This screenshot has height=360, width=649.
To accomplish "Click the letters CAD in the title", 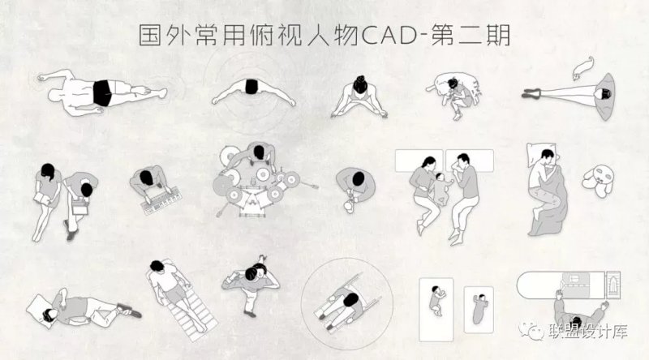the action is click(x=389, y=36).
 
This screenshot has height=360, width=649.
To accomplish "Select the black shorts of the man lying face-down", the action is click(x=102, y=93).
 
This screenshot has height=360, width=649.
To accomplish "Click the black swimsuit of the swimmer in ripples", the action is click(x=251, y=87).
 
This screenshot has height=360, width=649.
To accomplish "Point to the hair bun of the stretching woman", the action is click(x=360, y=79).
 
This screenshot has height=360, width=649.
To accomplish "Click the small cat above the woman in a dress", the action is click(x=583, y=67).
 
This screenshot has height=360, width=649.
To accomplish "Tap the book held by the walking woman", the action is click(x=42, y=199).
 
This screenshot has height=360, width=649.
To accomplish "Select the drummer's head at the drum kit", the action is click(x=259, y=152).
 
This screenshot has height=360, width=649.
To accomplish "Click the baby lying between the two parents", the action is click(x=441, y=188).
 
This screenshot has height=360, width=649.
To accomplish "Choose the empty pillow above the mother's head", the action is click(x=419, y=161).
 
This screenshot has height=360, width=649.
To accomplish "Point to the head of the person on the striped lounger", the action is click(x=156, y=266).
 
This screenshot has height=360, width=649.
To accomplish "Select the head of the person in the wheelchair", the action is click(x=352, y=300).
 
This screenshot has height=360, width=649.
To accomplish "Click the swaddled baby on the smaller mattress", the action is click(x=480, y=309).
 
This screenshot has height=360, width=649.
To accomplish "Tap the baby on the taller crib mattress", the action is click(x=437, y=301).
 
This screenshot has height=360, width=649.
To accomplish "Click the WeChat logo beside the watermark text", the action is click(x=531, y=331).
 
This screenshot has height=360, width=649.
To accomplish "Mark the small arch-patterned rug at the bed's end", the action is click(x=613, y=285).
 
